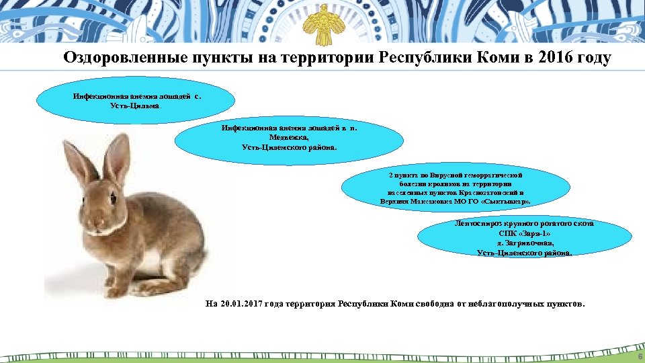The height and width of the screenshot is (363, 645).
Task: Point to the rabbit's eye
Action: pyautogui.click(x=112, y=198)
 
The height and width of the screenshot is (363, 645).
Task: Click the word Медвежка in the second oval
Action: pyautogui.click(x=289, y=136)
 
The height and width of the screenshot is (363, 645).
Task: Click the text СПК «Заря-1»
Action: pyautogui.click(x=525, y=233)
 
